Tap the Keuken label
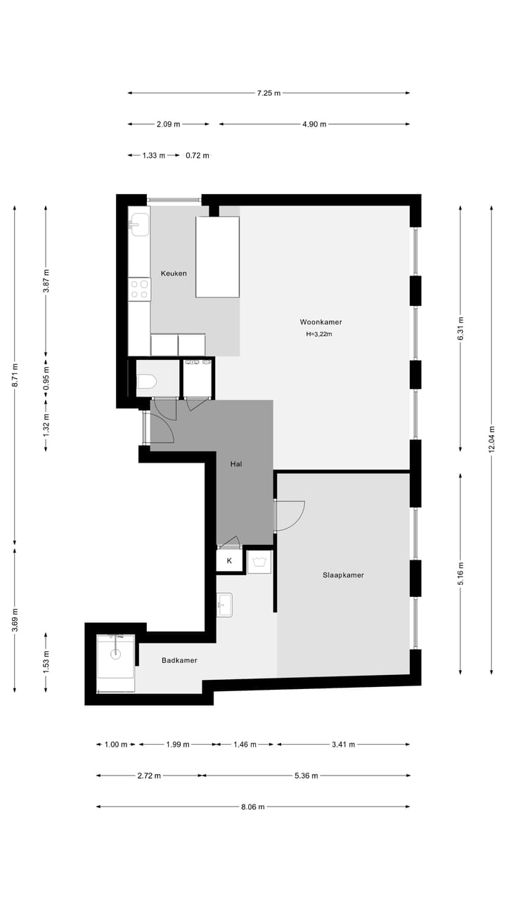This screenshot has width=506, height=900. click(174, 274)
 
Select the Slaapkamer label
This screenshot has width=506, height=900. click(343, 575)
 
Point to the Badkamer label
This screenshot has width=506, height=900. click(179, 660)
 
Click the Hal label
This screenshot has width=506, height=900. click(237, 464)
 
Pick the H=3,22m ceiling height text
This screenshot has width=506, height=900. click(319, 335)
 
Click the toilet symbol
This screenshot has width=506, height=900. click(146, 381)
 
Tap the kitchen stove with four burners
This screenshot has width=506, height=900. click(139, 289)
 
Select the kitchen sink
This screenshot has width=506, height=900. click(138, 224)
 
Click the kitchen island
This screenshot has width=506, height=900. click(217, 257)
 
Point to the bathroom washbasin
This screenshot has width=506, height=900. click(224, 604)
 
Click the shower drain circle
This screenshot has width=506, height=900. click(115, 653)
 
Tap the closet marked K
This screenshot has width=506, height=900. click(229, 561)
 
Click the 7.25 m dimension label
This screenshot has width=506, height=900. click(268, 93)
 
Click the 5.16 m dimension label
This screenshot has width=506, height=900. click(460, 570)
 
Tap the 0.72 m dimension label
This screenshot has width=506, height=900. click(197, 155)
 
